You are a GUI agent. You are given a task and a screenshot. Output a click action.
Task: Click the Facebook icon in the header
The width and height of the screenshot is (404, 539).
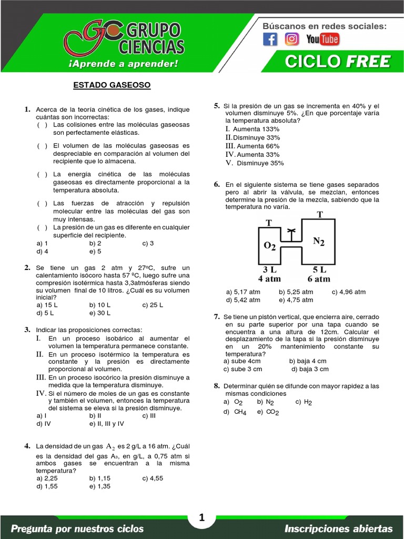(270, 39)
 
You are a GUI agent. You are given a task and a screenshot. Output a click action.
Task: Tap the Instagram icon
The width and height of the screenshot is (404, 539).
(292, 39)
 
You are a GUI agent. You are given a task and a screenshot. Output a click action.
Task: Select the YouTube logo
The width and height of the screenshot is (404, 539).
(322, 39)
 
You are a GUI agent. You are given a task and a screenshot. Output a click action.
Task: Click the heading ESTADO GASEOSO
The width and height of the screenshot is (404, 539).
(112, 85)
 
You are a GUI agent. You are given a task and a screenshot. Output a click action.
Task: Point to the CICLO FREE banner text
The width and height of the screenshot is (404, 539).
(338, 62)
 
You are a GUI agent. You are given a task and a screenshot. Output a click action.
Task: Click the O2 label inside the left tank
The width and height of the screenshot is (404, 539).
(269, 246)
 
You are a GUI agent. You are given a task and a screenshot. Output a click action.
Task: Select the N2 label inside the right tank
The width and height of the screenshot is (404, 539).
(319, 241)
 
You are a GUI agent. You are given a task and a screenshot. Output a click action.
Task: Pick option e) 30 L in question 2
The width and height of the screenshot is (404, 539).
(100, 313)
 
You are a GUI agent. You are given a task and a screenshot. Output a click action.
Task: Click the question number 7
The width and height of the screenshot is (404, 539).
(216, 317)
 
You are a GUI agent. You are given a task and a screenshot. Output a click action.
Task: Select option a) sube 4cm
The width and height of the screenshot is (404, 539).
(242, 361)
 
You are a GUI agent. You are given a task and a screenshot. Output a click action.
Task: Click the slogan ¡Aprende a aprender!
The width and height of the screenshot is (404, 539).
(124, 64)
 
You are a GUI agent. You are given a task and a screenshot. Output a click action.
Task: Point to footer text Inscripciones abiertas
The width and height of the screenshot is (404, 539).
(338, 528)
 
